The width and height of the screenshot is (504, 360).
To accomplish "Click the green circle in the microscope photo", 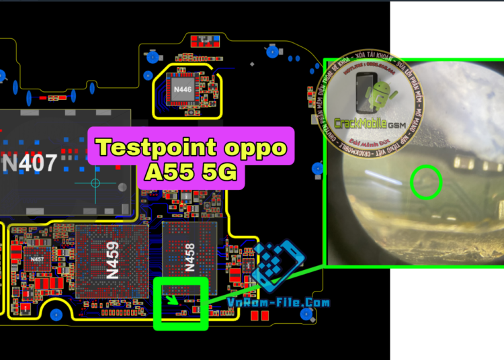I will coord(425,183).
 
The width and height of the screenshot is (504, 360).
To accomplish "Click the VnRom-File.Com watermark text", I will coord(278,303).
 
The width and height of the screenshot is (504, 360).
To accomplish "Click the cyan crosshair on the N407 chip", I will coord(95,183).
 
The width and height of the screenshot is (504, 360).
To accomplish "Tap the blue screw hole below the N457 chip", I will coord(57,314).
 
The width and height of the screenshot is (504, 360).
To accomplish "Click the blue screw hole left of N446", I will coord(153,58).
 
